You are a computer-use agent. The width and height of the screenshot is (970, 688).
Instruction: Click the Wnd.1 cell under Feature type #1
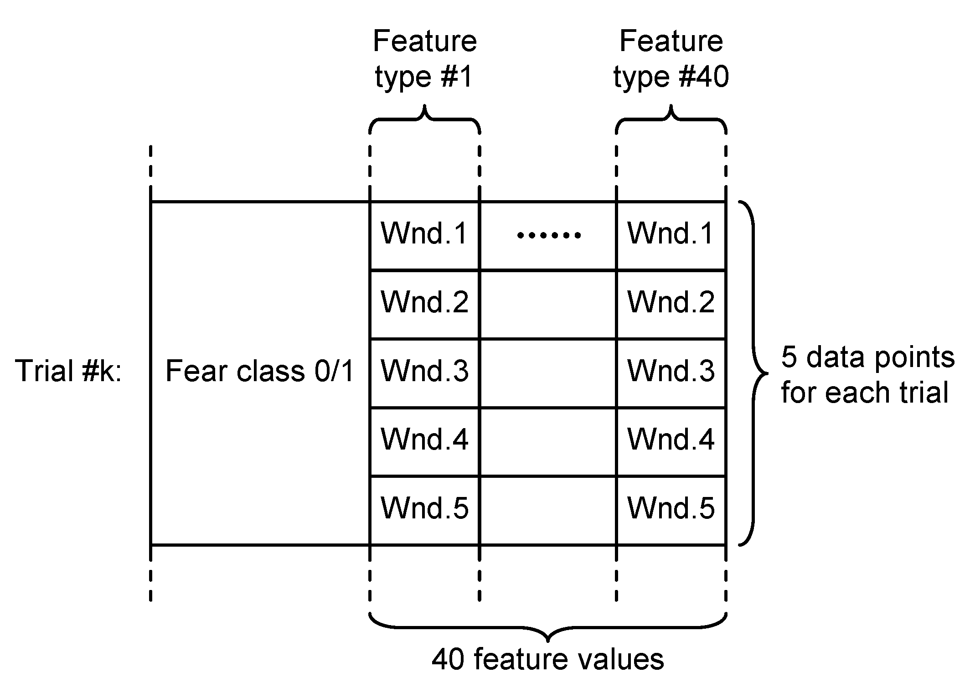[424, 234]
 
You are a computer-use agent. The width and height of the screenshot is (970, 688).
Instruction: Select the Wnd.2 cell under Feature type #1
[424, 303]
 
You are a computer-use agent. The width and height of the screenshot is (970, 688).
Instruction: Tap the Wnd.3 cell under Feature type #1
[424, 372]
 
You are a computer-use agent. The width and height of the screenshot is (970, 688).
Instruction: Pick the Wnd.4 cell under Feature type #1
[424, 440]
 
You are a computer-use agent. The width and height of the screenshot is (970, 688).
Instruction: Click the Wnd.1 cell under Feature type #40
[671, 234]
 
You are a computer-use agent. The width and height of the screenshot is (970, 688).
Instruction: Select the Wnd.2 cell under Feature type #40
[671, 303]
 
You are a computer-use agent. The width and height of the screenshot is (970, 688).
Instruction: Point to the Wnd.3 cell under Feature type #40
[671, 372]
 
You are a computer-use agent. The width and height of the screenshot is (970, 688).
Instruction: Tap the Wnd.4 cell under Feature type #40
[671, 440]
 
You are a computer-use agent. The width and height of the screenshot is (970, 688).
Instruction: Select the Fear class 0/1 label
[259, 371]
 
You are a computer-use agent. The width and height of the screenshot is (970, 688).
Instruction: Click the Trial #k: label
[68, 371]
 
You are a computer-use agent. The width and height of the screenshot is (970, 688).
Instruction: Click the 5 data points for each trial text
[867, 375]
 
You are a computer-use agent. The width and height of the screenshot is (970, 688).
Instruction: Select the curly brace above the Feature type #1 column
[424, 119]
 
